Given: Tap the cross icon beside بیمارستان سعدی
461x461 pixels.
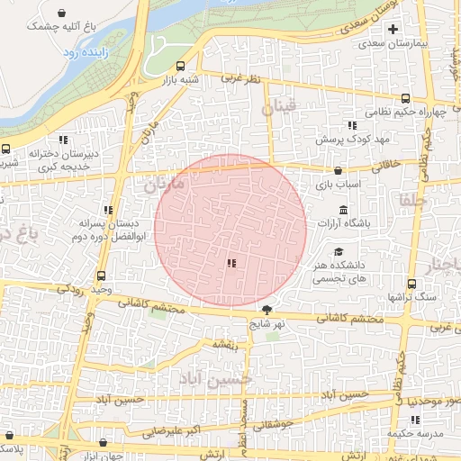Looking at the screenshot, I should click(x=392, y=30).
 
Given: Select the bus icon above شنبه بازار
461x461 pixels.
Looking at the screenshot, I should click(x=181, y=66).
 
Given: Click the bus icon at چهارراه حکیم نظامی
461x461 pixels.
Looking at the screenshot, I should click(x=405, y=98).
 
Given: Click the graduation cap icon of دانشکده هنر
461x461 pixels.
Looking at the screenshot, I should click(x=339, y=252).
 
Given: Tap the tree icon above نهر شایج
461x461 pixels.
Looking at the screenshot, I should click(x=265, y=309).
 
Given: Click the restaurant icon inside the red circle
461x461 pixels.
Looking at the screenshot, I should click(x=231, y=263).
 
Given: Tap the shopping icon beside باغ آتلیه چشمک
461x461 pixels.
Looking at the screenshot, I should click(x=60, y=14).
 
